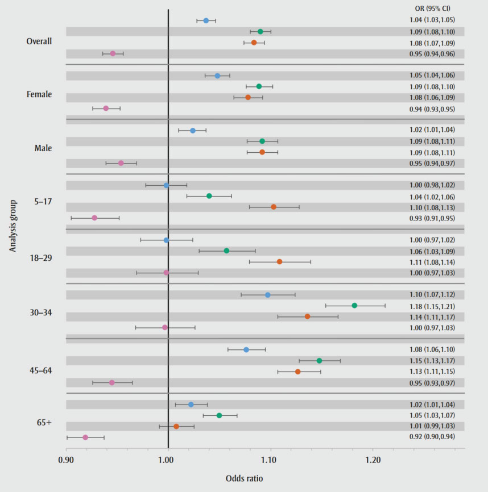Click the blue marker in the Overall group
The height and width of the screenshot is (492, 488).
[206, 20]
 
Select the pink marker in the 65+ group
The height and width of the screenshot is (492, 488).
[85, 437]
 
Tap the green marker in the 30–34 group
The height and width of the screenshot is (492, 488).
[354, 306]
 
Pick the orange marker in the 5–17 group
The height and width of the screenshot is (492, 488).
[274, 207]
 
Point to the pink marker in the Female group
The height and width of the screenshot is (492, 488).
[106, 108]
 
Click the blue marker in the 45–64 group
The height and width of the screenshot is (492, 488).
[246, 349]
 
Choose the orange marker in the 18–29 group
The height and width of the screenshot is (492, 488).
[279, 262]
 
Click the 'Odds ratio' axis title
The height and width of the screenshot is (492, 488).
[245, 479]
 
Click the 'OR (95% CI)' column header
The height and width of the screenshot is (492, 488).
[433, 9]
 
